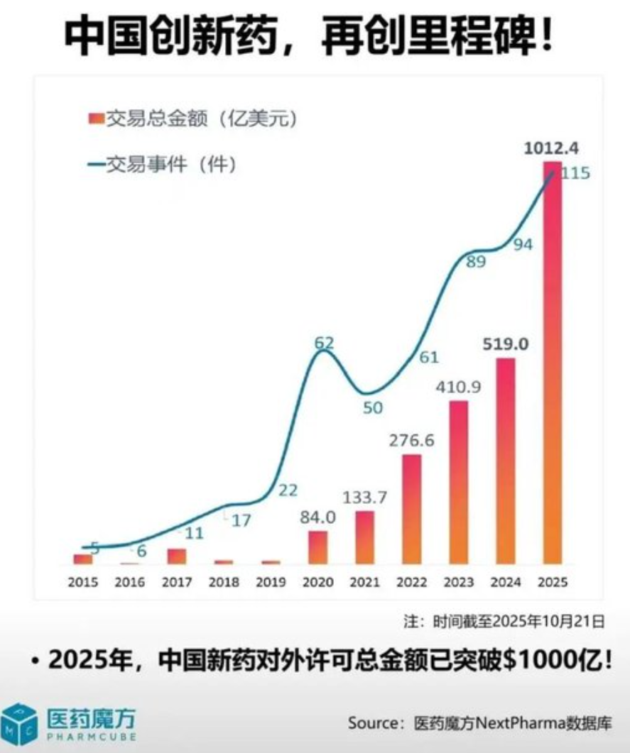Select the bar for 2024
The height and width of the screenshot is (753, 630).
pos(506,461)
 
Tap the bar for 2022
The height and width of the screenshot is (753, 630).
pos(412,509)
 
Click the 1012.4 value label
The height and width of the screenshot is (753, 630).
pos(552,148)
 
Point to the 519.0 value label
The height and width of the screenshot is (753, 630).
pos(506,345)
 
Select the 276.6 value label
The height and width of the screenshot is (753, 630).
pos(411,440)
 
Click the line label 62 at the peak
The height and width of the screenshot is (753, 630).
pos(325,343)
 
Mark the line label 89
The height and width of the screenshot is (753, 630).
pos(475,261)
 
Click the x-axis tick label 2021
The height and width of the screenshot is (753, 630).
pos(364,582)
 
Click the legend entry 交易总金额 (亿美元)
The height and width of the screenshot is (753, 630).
pos(192,119)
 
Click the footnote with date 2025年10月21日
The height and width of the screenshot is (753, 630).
pos(504,622)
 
